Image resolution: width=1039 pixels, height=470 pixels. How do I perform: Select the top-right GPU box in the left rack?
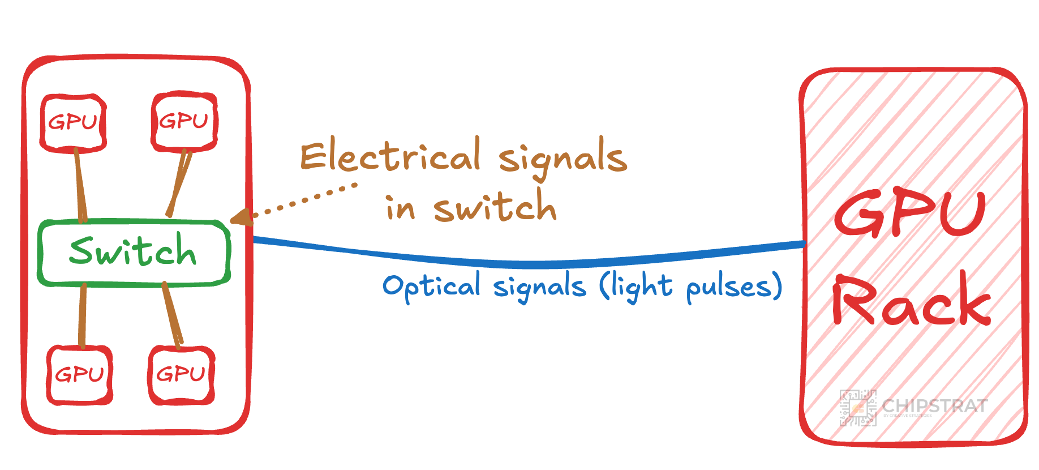click(184, 121)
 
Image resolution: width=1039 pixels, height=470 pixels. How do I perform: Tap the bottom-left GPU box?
click(80, 375)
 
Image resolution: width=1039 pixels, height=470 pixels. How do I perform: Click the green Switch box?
click(134, 252)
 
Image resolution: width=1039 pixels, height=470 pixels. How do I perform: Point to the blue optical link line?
click(526, 263)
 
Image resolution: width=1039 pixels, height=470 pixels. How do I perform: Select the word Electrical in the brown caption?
click(390, 156)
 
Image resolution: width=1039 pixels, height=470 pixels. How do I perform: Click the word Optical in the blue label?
click(431, 287)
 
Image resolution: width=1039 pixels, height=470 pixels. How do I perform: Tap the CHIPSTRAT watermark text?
click(935, 405)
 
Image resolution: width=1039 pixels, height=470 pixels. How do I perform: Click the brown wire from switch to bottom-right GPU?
click(172, 313)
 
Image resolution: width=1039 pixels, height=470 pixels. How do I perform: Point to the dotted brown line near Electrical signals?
click(306, 199)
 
